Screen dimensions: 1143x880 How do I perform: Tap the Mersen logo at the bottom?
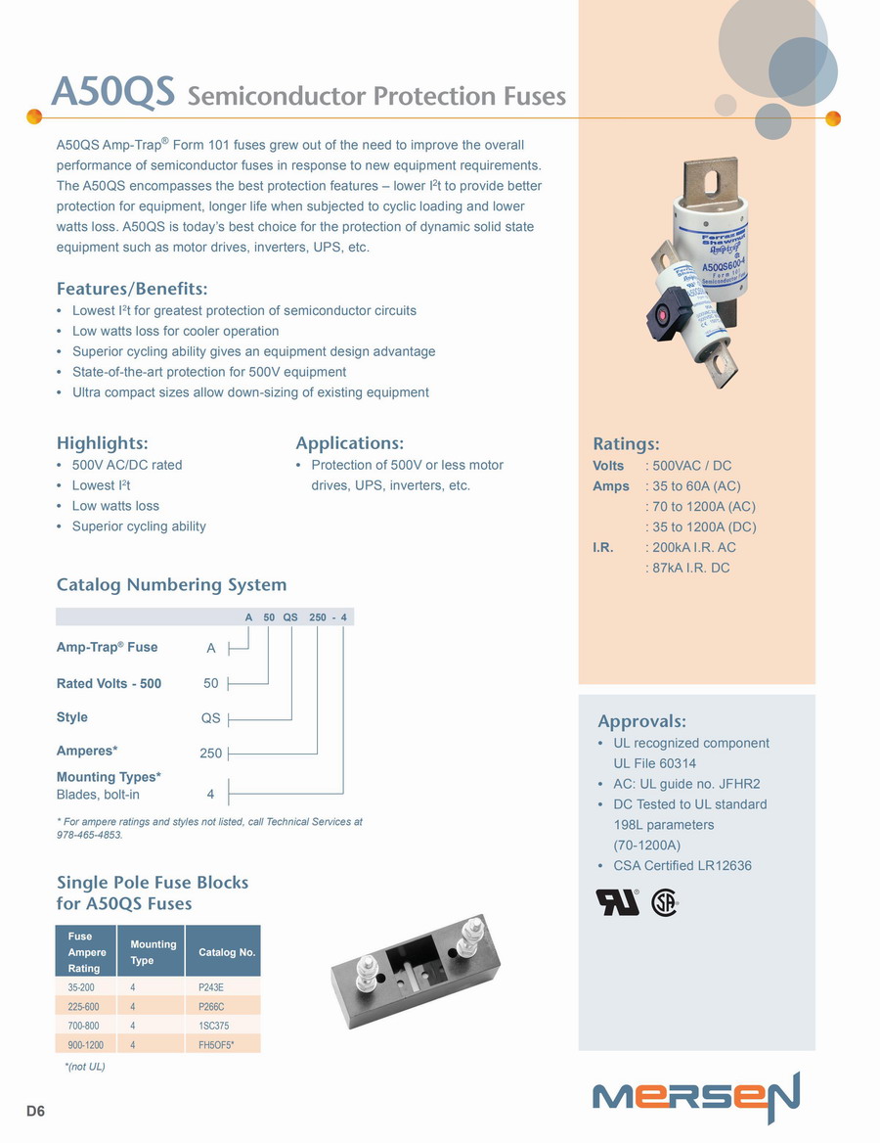point(695,1097)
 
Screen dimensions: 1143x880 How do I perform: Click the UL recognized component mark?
point(617,901)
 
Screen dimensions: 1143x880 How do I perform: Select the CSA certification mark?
point(664,901)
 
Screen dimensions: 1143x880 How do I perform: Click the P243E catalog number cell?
point(211,987)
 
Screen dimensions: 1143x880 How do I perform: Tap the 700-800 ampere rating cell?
point(83,1026)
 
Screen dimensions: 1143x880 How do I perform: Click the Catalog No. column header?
point(227,952)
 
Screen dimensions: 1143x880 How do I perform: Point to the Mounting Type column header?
point(154,952)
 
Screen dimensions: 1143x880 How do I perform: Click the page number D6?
point(35,1111)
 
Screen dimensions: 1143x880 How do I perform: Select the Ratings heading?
point(626,443)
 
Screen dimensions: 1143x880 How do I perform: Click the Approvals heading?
point(641,721)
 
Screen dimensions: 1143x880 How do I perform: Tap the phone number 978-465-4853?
point(89,835)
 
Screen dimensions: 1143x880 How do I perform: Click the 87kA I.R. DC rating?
point(691,568)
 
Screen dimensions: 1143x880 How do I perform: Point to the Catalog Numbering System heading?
point(171,584)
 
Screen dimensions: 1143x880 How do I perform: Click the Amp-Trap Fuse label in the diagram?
point(107,647)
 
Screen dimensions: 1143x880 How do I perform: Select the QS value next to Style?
point(210,718)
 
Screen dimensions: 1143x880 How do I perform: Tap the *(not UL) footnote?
point(84,1066)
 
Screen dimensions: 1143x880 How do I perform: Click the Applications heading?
point(349,443)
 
